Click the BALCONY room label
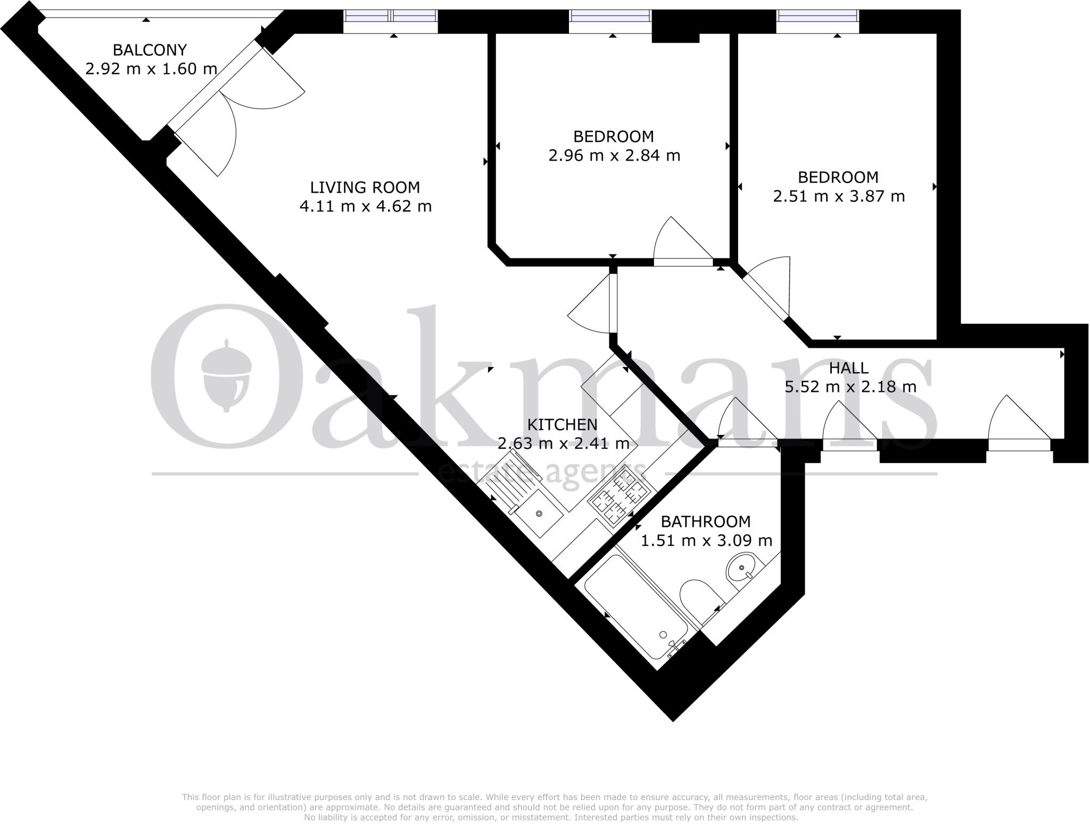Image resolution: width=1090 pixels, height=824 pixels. point(150,50)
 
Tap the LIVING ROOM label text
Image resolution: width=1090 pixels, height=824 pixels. point(365,187)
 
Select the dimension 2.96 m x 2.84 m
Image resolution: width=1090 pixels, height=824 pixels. point(614,155)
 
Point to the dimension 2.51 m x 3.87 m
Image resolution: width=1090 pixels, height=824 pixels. point(839,196)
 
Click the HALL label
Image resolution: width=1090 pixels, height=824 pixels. point(849,368)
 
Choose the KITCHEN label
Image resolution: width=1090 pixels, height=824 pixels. point(562,424)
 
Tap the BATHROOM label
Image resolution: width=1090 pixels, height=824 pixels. point(706,521)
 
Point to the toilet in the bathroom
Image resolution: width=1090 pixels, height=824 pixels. point(696,597)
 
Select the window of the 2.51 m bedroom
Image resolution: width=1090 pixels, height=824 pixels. point(817,21)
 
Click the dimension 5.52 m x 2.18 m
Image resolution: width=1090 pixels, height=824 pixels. point(850,387)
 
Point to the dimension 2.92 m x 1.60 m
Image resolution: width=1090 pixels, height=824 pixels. point(151,69)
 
